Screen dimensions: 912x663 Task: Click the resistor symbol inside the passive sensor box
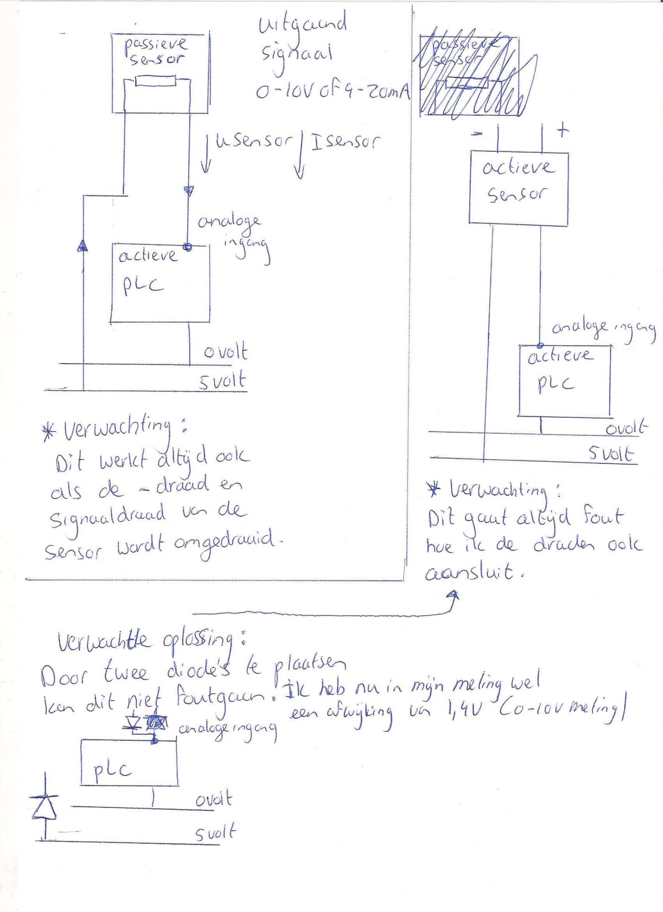pyautogui.click(x=156, y=82)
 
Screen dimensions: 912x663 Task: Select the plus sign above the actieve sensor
pyautogui.click(x=562, y=131)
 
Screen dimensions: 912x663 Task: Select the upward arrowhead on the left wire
pyautogui.click(x=82, y=246)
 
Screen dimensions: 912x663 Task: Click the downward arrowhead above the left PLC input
pyautogui.click(x=189, y=190)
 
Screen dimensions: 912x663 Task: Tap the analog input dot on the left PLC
pyautogui.click(x=187, y=247)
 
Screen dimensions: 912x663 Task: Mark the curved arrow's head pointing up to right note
pyautogui.click(x=454, y=596)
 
